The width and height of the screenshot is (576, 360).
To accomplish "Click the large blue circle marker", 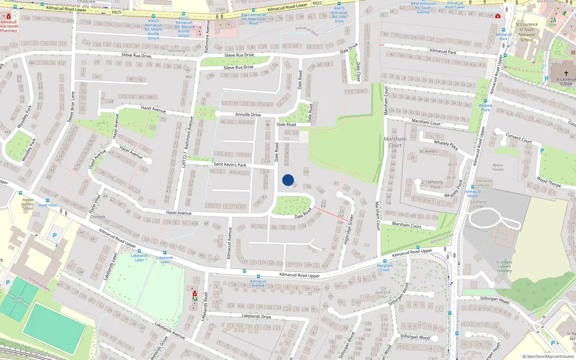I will [288, 180].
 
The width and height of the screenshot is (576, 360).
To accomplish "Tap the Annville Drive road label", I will [248, 114].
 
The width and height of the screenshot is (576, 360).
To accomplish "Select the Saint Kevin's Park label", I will [230, 164].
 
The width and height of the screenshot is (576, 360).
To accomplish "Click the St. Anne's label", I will [428, 152].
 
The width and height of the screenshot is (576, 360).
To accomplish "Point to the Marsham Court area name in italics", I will [395, 142].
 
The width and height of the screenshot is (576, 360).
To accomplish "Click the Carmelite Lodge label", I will [478, 204].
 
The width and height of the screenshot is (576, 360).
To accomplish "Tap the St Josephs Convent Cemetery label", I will [504, 266].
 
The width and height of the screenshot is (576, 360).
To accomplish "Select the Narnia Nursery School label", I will [28, 204].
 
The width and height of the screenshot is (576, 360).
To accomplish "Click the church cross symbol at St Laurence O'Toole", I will [566, 73].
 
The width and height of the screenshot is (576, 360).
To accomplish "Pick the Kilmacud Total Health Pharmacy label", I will [9, 26].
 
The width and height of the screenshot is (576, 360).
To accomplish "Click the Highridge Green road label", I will [348, 229].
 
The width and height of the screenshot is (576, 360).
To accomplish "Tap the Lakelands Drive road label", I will [256, 316].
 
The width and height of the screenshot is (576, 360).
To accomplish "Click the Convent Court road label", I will [518, 138].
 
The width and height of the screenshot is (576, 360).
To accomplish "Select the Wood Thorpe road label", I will [549, 182].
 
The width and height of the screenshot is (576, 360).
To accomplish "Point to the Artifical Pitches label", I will [18, 300].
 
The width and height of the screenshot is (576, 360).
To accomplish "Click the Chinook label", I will [98, 217].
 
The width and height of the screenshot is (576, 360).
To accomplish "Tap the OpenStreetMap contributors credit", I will [548, 357].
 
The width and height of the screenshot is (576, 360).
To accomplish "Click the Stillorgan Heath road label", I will [494, 300].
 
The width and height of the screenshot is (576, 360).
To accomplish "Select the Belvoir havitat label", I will [498, 167].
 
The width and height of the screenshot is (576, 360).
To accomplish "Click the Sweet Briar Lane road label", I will [71, 107].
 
